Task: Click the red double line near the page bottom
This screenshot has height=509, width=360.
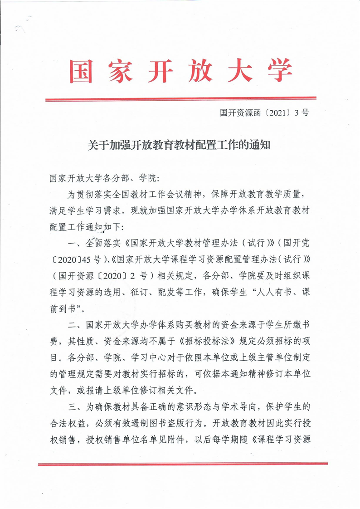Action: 180,464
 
